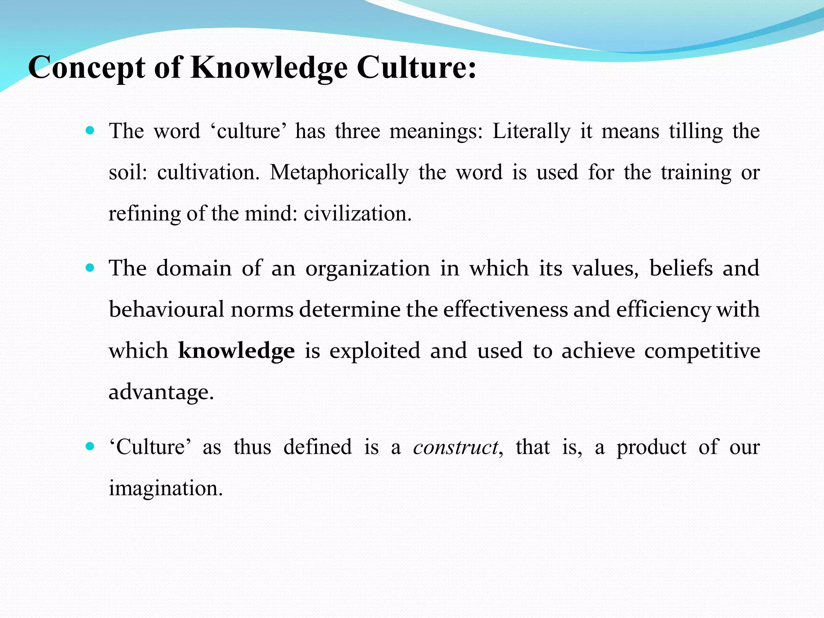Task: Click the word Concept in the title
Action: coord(87,68)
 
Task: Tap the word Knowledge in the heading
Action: coord(269,68)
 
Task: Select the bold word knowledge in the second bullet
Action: coord(236,350)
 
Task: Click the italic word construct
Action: coord(455,447)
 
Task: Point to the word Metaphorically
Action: coord(339,173)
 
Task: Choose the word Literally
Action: coord(531,132)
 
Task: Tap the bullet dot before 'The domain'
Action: coord(90,268)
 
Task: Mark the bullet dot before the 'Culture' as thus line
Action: coord(90,446)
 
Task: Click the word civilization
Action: coord(357,213)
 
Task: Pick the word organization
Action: coord(367,269)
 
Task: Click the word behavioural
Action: coord(166,309)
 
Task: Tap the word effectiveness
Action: coord(506,309)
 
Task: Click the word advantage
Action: coord(161,392)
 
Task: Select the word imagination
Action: coord(165,488)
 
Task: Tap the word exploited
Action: coord(375,350)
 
